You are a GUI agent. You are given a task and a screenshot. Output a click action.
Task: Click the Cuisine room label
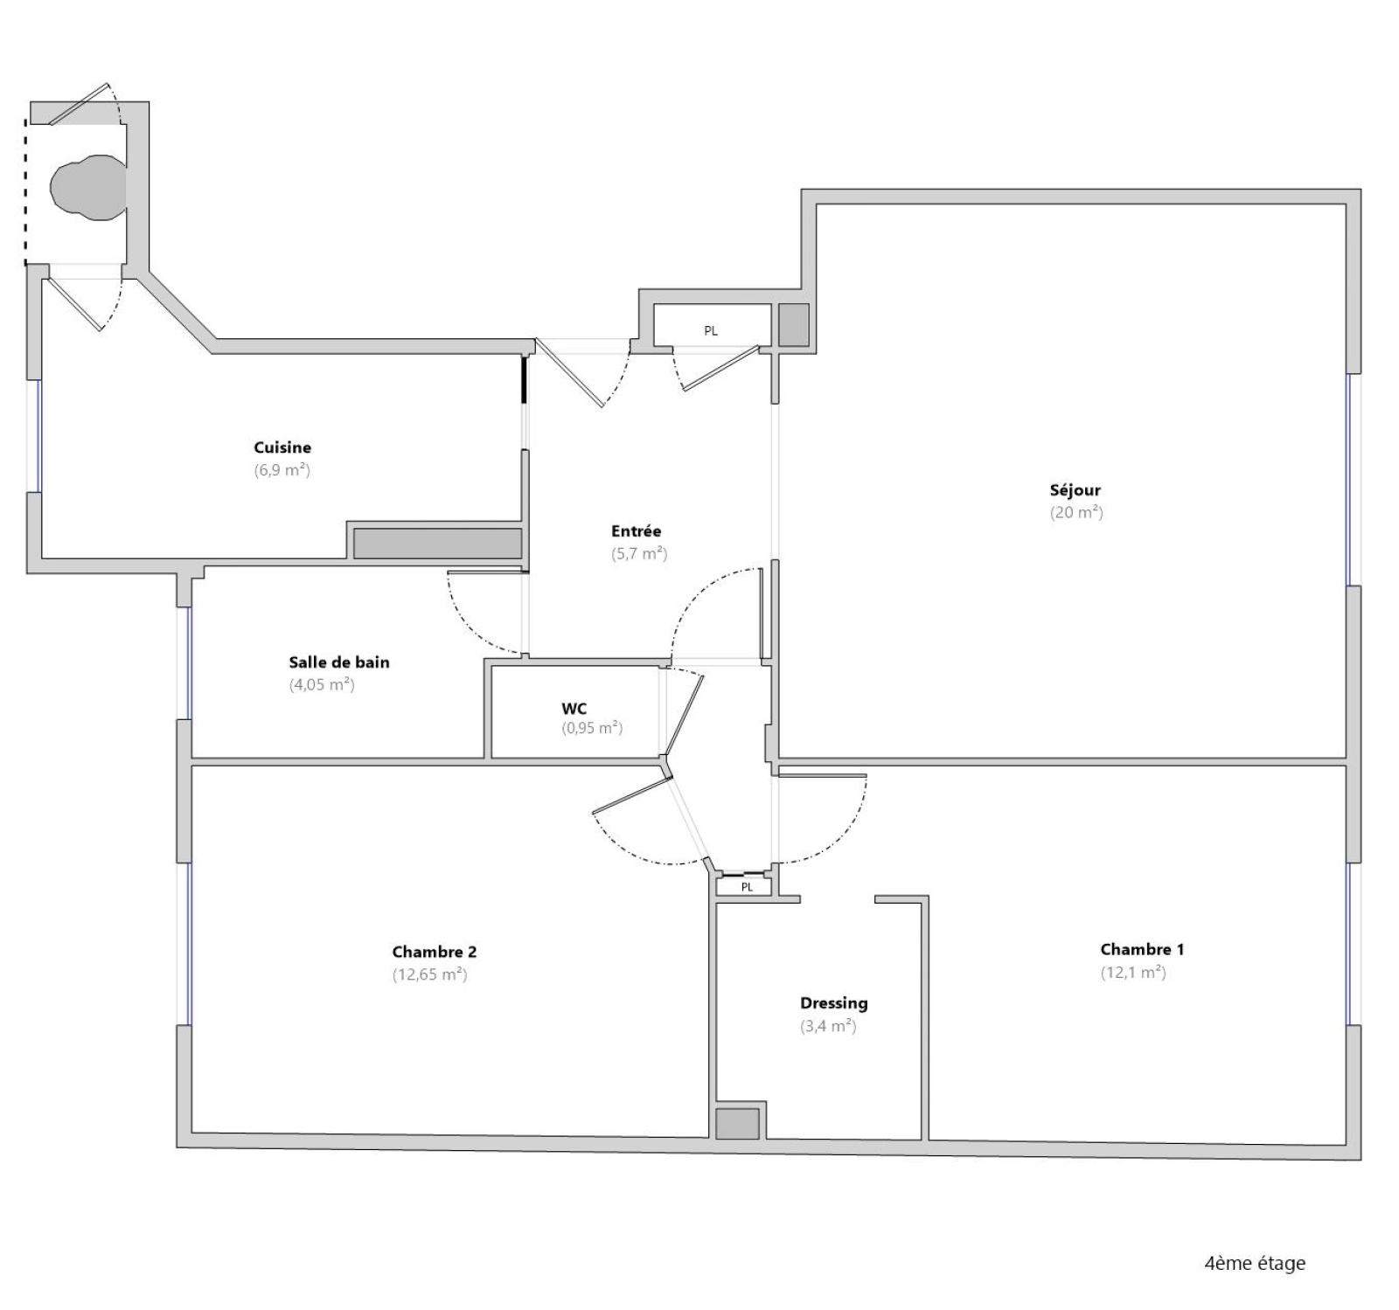click(282, 447)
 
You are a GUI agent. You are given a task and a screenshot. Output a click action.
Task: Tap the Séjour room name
click(1075, 490)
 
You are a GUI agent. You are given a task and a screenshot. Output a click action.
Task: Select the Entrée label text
click(637, 530)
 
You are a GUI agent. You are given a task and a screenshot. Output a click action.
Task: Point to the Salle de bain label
click(339, 662)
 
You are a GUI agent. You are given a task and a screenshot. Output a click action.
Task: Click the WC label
click(574, 709)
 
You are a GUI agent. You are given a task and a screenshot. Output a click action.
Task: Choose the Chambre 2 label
click(435, 952)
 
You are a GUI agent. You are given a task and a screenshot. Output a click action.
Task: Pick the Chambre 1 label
click(1142, 949)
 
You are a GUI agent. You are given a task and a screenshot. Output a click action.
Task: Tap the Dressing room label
click(834, 1003)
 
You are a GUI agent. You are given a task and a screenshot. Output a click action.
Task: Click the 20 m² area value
click(1076, 513)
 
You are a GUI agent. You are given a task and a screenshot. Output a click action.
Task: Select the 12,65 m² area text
click(429, 974)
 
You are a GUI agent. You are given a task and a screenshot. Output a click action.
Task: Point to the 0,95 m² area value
click(592, 728)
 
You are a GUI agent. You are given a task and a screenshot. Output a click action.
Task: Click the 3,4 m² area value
click(828, 1026)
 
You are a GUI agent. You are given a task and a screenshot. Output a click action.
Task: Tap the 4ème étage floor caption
click(1255, 1264)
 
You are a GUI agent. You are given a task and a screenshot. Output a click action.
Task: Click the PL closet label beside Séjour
click(711, 331)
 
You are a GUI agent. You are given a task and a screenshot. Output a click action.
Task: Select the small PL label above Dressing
click(747, 887)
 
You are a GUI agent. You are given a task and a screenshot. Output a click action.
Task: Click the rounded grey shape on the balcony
click(87, 187)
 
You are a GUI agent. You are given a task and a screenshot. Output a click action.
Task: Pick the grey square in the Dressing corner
click(737, 1124)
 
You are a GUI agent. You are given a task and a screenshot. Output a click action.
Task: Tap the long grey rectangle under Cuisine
click(437, 543)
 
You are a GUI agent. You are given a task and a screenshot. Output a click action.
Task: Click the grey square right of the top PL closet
click(794, 324)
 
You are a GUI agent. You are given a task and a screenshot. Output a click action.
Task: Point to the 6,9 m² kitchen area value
click(282, 470)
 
